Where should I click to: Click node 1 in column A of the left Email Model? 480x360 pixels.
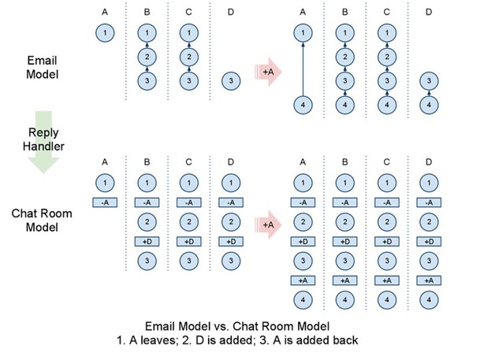coord(106,33)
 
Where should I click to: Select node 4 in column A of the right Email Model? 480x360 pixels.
coord(301,104)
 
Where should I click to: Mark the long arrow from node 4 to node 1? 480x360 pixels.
coord(301,69)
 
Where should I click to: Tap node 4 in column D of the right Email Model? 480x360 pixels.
coord(426,104)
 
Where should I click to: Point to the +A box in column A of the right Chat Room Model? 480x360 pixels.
coord(301,280)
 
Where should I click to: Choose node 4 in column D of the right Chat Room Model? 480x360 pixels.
coord(426,299)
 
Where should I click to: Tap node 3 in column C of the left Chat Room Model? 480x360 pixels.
coord(189,260)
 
